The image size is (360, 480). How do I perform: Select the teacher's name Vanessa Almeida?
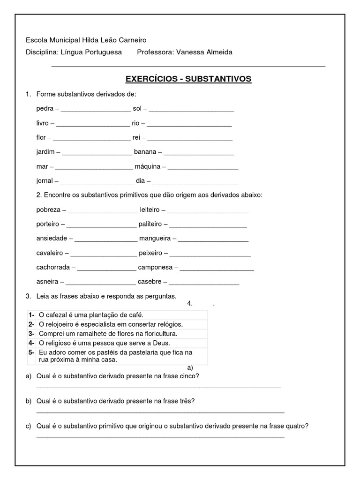click(x=204, y=52)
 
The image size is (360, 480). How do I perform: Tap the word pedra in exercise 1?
click(x=45, y=108)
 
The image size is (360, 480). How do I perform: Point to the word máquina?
click(x=148, y=166)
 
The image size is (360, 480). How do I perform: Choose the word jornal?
click(x=45, y=181)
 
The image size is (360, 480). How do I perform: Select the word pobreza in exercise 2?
click(x=48, y=210)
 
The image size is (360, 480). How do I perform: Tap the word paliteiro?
click(x=150, y=224)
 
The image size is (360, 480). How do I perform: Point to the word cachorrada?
click(x=53, y=267)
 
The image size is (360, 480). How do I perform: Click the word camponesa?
click(x=155, y=267)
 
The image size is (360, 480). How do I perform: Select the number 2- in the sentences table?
click(x=31, y=324)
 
